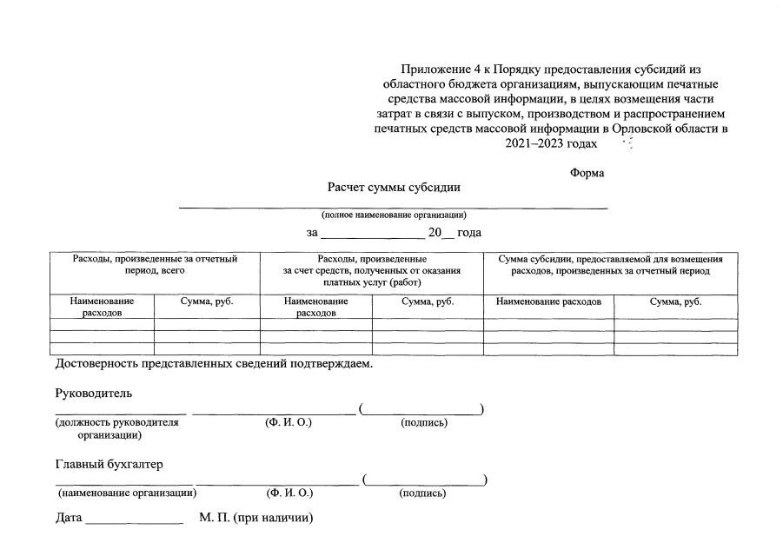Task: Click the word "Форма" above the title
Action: pyautogui.click(x=587, y=173)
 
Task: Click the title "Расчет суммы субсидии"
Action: pyautogui.click(x=393, y=187)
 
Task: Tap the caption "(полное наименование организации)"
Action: pyautogui.click(x=394, y=215)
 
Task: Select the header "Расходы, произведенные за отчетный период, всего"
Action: pyautogui.click(x=156, y=265)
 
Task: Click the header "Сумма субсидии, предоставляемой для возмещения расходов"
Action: pyautogui.click(x=610, y=265)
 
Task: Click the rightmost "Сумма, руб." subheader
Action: pyautogui.click(x=675, y=302)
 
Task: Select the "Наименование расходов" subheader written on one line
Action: pyautogui.click(x=548, y=302)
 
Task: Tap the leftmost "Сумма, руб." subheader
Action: pyautogui.click(x=207, y=302)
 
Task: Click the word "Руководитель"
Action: pyautogui.click(x=94, y=392)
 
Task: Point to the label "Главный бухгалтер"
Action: pyautogui.click(x=109, y=464)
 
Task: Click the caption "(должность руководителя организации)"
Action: pyautogui.click(x=116, y=428)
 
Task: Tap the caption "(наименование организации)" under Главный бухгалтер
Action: pyautogui.click(x=126, y=493)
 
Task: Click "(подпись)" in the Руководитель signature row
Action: pyautogui.click(x=423, y=423)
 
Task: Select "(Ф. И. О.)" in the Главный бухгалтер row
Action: pyautogui.click(x=289, y=493)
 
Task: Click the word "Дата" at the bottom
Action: pyautogui.click(x=69, y=519)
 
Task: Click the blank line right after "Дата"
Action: pyautogui.click(x=134, y=521)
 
